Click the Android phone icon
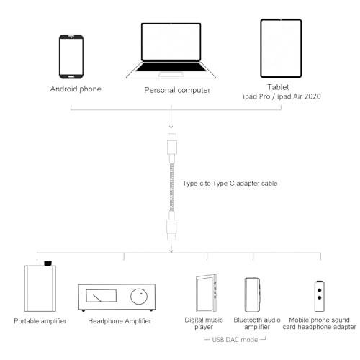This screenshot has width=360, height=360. [x=71, y=57]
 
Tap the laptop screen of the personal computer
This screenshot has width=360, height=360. [x=171, y=42]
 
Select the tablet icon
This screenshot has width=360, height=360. [x=281, y=48]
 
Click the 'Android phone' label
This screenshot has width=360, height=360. [x=76, y=89]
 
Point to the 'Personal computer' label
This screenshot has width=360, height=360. [x=177, y=90]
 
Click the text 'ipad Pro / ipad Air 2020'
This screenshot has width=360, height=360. [x=282, y=96]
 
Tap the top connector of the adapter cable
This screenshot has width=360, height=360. [x=172, y=148]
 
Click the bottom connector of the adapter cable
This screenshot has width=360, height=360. [x=171, y=225]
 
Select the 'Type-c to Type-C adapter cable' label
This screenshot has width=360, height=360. [x=230, y=184]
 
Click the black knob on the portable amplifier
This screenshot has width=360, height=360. [x=48, y=263]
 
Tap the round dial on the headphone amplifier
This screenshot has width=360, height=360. [x=139, y=297]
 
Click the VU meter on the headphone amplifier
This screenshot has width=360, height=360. [x=101, y=296]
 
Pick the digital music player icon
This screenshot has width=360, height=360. [x=207, y=293]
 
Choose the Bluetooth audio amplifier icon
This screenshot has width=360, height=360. [x=252, y=294]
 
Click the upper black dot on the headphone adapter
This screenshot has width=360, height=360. [x=320, y=290]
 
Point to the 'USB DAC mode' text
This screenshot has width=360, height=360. [x=235, y=340]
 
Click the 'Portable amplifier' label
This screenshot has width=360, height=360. [x=40, y=321]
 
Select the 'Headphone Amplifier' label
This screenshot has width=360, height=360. [x=120, y=321]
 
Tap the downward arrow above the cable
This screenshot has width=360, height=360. [x=171, y=117]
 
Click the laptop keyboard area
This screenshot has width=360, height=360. [x=171, y=67]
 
